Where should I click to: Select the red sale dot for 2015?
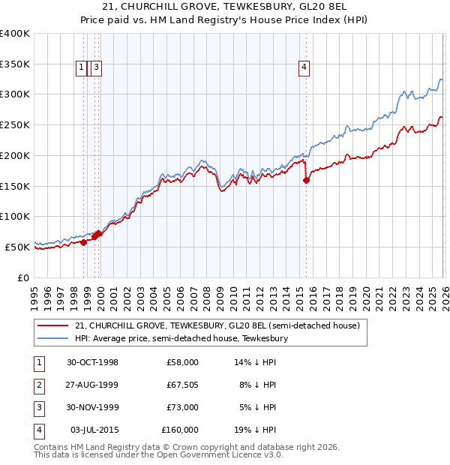(x=306, y=180)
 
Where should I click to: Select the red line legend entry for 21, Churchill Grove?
(x=217, y=326)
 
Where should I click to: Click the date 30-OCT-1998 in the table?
(x=92, y=362)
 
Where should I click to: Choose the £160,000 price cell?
(x=180, y=430)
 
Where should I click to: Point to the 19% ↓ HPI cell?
(x=255, y=430)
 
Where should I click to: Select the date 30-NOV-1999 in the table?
(x=92, y=407)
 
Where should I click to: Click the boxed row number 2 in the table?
(x=37, y=385)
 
